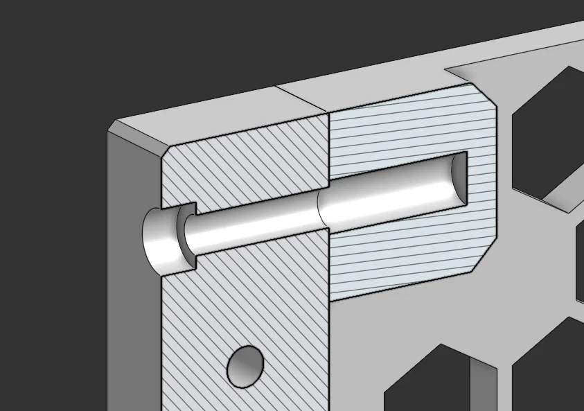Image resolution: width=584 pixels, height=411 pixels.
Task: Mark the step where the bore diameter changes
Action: click(319, 208)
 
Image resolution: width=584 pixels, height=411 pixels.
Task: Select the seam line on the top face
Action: click(301, 99)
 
